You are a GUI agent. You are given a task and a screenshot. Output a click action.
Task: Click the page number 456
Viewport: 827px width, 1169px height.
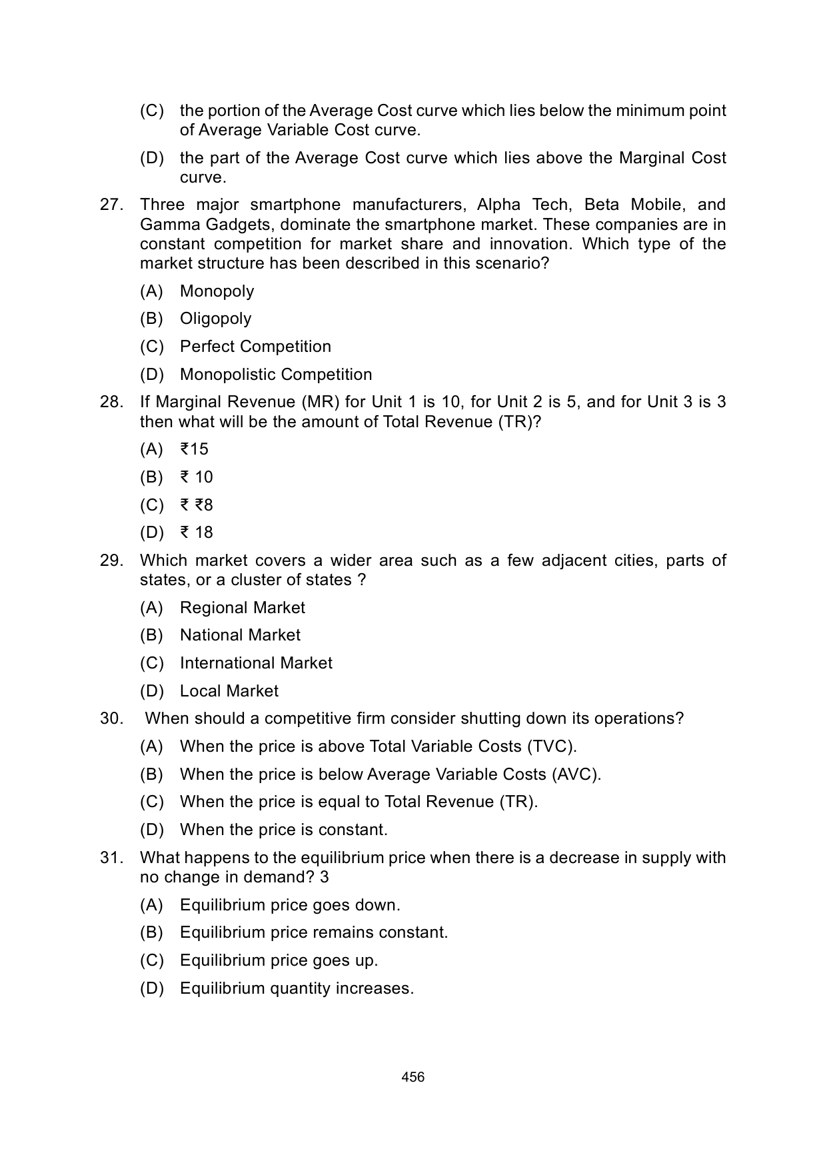click(x=413, y=1076)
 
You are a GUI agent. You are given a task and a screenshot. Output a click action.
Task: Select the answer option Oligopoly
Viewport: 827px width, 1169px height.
click(x=215, y=319)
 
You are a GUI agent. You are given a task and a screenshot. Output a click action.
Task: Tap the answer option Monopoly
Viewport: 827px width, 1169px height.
click(x=217, y=291)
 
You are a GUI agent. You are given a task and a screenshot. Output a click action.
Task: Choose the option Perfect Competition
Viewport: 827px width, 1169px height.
click(x=255, y=347)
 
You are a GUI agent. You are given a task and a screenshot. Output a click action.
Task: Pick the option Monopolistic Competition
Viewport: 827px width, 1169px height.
click(x=276, y=375)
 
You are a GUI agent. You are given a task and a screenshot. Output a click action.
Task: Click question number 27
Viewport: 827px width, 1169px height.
click(x=111, y=205)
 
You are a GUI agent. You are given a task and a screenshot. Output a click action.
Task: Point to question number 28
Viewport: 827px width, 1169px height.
click(x=111, y=402)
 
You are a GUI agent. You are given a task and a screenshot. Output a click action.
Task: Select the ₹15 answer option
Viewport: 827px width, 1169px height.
click(x=194, y=449)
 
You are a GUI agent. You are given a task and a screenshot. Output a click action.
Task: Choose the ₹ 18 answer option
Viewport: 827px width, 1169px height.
click(x=196, y=533)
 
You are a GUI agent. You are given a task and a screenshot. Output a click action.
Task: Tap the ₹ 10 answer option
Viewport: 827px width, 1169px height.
click(x=196, y=477)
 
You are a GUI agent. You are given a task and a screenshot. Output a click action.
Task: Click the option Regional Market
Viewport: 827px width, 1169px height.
click(x=242, y=608)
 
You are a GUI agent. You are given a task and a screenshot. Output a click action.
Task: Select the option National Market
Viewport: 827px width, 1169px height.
click(x=240, y=635)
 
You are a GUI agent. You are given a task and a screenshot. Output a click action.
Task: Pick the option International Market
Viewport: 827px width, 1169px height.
click(x=256, y=663)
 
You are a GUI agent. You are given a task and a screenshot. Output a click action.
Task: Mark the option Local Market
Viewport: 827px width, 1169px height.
click(x=229, y=691)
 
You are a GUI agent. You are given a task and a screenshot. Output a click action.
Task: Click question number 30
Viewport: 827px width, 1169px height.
click(x=111, y=718)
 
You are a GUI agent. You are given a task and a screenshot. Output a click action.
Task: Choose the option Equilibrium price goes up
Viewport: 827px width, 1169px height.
click(x=279, y=960)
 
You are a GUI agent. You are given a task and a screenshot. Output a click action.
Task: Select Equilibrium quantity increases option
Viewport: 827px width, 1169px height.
click(x=297, y=988)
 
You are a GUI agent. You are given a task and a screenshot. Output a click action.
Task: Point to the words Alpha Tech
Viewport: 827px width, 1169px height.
click(x=512, y=205)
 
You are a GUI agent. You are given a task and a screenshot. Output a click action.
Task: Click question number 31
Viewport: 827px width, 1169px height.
click(x=111, y=858)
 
